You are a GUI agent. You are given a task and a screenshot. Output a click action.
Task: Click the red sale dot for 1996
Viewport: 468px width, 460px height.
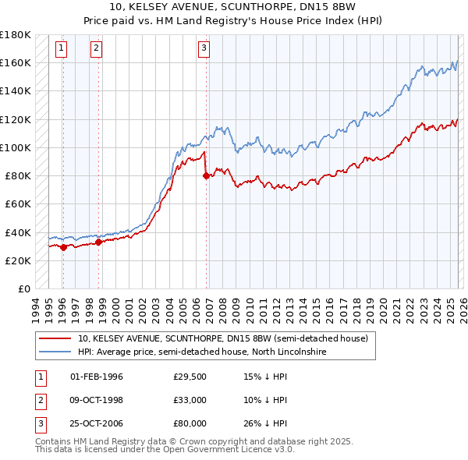pos(63,247)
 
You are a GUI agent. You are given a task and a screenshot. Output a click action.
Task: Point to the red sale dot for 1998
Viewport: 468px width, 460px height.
pos(99,242)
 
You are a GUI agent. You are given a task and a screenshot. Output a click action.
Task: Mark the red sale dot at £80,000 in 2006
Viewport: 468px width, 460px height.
pos(206,175)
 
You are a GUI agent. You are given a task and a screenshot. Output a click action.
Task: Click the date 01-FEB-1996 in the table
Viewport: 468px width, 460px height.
pos(97,377)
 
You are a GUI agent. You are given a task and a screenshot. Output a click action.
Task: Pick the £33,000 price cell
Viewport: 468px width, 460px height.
pos(190,400)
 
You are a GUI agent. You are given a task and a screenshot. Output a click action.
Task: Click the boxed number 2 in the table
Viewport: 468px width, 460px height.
pos(39,400)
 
